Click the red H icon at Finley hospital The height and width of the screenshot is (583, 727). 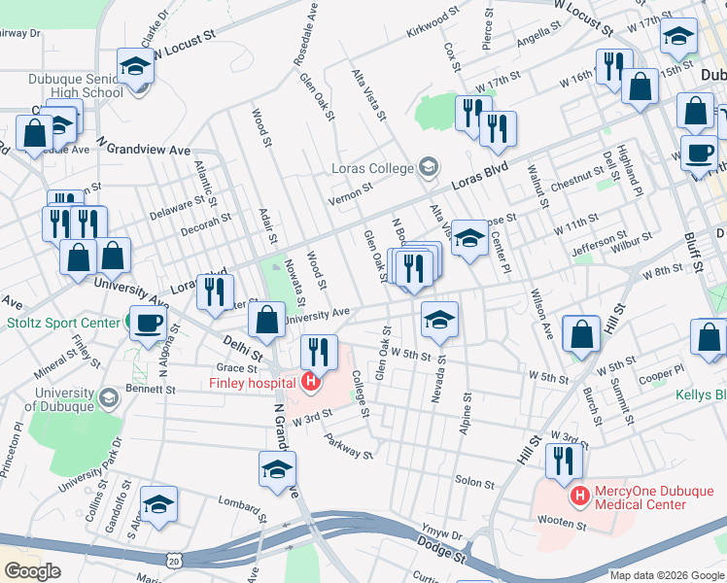pos(310,383)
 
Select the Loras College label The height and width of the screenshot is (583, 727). pos(373,168)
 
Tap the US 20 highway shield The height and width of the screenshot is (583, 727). pos(173,561)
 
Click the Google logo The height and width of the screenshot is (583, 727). pos(32,571)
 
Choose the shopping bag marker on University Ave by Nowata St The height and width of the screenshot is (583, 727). pos(266,320)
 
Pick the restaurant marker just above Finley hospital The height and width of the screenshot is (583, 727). pos(319,352)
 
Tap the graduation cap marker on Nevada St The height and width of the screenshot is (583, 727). pos(439,320)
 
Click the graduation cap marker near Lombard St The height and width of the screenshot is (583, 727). pos(158,504)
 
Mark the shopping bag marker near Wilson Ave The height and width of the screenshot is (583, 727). pos(581,334)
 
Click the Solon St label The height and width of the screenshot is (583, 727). pos(475,482)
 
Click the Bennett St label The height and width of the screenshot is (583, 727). pos(156,389)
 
